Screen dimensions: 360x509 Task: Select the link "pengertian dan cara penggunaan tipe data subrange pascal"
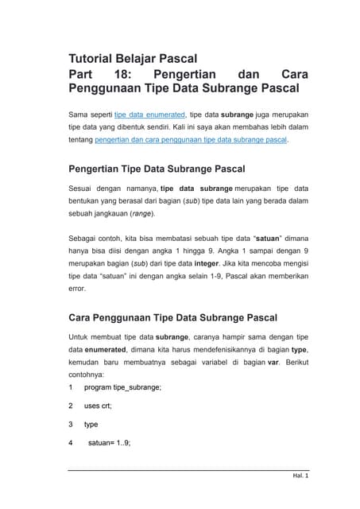(191, 139)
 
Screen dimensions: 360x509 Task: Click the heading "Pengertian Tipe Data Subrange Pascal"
(157, 169)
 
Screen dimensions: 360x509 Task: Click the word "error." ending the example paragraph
(79, 289)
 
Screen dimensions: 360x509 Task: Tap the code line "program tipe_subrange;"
(122, 387)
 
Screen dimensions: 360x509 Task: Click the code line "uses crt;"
(98, 406)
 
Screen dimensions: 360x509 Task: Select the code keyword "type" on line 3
(93, 424)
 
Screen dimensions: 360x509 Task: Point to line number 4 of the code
(72, 443)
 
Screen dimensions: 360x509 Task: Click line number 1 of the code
(72, 387)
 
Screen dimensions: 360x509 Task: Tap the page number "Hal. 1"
(300, 476)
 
